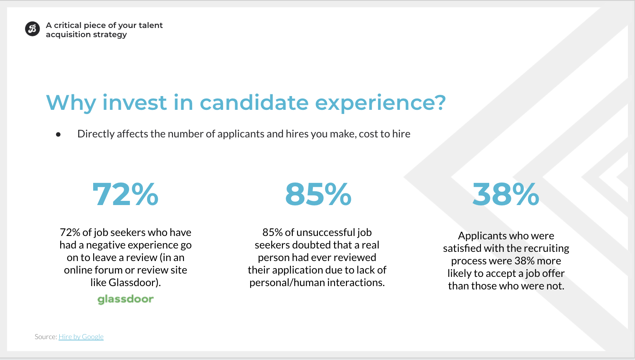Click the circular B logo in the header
click(x=32, y=29)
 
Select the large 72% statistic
click(x=125, y=194)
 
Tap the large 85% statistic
click(x=318, y=194)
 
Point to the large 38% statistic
click(x=506, y=194)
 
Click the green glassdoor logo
click(x=126, y=299)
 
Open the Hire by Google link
click(x=81, y=337)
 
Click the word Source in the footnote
click(x=46, y=337)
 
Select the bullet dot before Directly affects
click(x=58, y=134)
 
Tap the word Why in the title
click(x=71, y=103)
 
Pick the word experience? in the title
click(x=381, y=103)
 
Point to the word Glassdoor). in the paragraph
click(x=135, y=283)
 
